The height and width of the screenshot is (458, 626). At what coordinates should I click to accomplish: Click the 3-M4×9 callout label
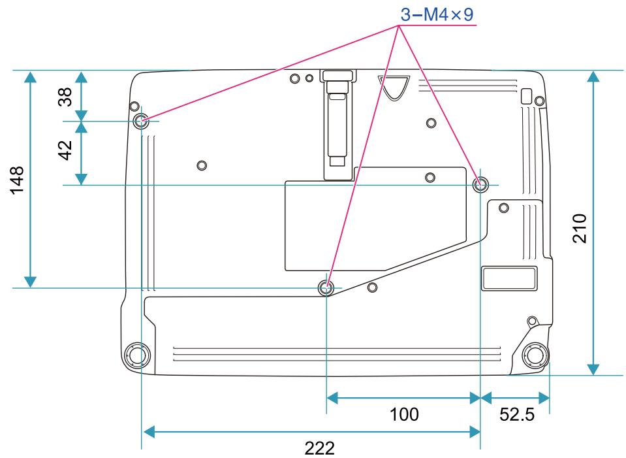coord(437,13)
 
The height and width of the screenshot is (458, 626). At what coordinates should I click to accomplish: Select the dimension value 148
coord(17,179)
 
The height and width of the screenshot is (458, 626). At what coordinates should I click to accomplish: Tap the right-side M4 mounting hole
coord(480,185)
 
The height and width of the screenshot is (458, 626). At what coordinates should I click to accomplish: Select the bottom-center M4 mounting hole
coord(326,287)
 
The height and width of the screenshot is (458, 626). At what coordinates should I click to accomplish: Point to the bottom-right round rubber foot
coord(535,355)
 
